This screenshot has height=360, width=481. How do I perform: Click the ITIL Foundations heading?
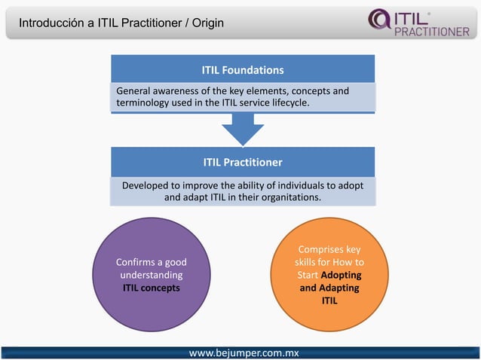coord(242,70)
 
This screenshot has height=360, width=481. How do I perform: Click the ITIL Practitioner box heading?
coord(242,162)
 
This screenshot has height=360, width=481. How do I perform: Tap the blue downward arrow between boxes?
coord(243,130)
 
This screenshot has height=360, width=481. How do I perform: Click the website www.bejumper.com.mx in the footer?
coord(244,352)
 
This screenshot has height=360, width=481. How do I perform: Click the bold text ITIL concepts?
coord(151,288)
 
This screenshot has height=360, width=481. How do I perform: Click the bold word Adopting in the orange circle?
coord(342,275)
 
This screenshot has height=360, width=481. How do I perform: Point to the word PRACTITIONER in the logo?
coord(432,31)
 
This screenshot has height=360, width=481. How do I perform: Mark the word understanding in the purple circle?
coord(151,275)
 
